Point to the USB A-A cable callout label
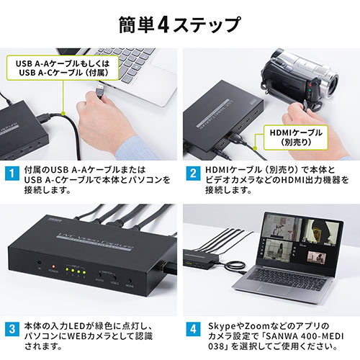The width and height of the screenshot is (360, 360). tap(63, 67)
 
